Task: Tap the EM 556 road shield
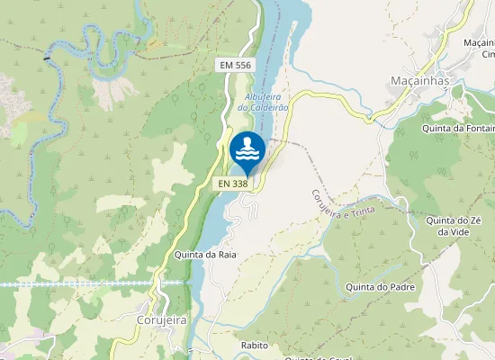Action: coord(234,66)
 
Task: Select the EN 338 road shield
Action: coord(232,184)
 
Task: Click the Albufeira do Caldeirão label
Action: coord(266,101)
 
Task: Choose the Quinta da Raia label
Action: coord(206,255)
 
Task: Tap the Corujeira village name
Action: coord(161,319)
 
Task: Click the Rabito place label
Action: coord(256,345)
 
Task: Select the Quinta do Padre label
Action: coord(383,288)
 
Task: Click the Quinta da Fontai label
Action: coord(457,129)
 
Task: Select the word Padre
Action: coord(400,288)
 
